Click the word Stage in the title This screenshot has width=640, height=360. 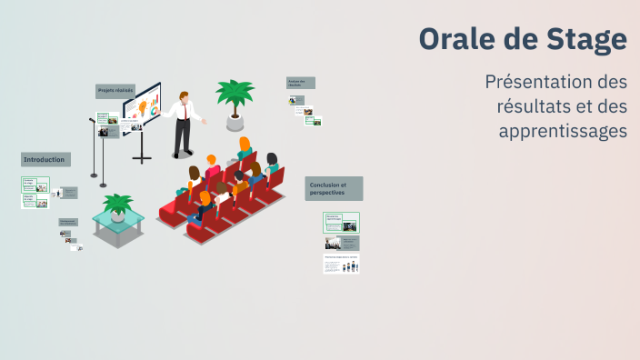(585, 39)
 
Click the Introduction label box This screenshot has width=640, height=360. (45, 160)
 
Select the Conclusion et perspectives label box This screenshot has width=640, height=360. (334, 188)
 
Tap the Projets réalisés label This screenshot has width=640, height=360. (116, 90)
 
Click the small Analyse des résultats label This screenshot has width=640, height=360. (301, 83)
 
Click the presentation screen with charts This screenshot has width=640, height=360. (143, 108)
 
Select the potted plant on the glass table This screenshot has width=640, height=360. (117, 206)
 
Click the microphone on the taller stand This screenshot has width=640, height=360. (92, 120)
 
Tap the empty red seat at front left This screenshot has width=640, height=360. (170, 212)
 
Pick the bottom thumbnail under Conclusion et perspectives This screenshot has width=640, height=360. (341, 264)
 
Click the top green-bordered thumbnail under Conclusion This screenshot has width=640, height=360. (341, 222)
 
